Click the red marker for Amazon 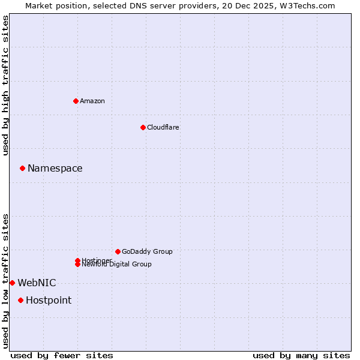[x=76, y=101]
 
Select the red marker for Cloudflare [x=143, y=127]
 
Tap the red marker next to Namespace [x=22, y=168]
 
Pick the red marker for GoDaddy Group [x=118, y=251]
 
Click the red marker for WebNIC [x=12, y=283]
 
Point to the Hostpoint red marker [x=20, y=300]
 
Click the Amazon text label [x=92, y=101]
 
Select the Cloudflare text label [x=163, y=127]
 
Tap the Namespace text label [x=55, y=168]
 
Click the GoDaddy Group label [x=147, y=251]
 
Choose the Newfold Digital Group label [x=116, y=264]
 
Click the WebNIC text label [x=37, y=283]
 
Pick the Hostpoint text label [x=48, y=300]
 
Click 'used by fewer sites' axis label [x=62, y=355]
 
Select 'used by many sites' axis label [x=301, y=355]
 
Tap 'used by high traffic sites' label [x=5, y=85]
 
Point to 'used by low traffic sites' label [x=5, y=280]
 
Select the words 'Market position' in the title [x=53, y=5]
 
